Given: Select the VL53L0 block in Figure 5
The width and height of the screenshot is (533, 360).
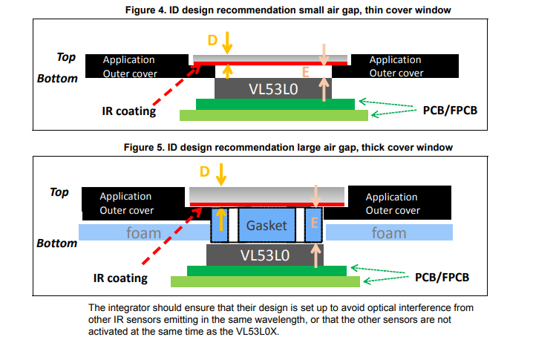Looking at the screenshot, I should tap(267, 255).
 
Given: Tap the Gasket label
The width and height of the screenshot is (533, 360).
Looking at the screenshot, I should tap(266, 225).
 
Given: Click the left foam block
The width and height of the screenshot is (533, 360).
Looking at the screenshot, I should tap(143, 232).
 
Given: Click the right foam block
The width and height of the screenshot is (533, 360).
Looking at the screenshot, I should tap(389, 232).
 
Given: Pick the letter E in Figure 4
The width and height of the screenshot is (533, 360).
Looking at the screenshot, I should tap(306, 72).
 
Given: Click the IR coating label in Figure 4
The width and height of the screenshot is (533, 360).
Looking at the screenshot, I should tap(129, 111).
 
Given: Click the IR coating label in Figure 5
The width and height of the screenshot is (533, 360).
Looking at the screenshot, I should tap(120, 278).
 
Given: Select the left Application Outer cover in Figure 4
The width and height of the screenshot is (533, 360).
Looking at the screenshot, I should tap(135, 66).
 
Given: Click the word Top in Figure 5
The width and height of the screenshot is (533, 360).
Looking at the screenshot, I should tap(59, 192).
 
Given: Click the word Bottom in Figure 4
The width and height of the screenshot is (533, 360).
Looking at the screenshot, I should tap(57, 79).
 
